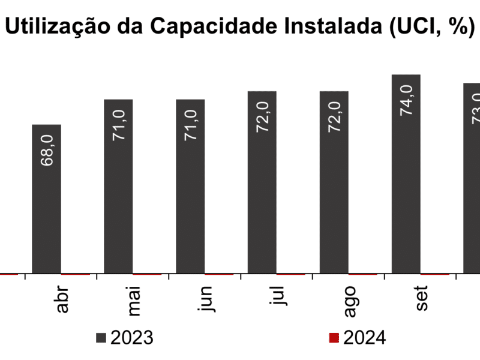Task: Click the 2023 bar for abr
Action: point(46,199)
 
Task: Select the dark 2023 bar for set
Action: point(406,174)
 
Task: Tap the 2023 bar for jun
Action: point(190,186)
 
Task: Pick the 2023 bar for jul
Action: point(262,182)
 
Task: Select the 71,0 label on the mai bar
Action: point(119,125)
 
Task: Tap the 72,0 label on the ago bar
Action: point(334,118)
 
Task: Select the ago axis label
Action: point(351,301)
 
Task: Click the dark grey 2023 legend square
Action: point(101,338)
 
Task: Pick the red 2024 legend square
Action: point(334,338)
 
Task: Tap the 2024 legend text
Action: point(364,338)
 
